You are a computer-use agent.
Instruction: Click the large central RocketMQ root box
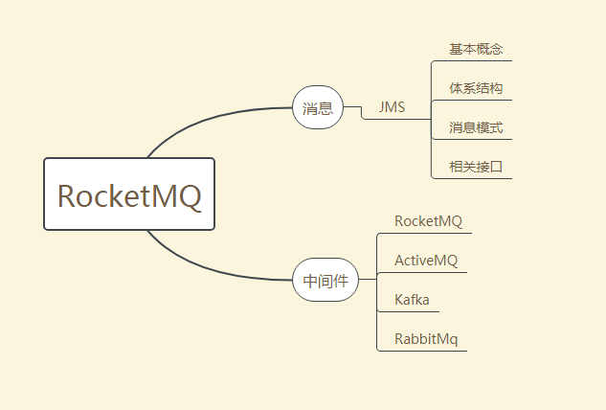click(x=129, y=194)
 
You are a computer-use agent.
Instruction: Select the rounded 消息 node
click(x=317, y=108)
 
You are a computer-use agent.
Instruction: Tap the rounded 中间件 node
click(x=325, y=281)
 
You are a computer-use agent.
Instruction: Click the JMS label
click(x=392, y=107)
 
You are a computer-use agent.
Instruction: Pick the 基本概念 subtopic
click(x=476, y=49)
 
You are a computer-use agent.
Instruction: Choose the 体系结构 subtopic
click(x=476, y=88)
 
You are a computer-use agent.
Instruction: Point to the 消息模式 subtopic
click(x=476, y=127)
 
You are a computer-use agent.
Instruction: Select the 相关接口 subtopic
click(x=476, y=167)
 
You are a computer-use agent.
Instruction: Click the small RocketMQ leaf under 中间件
click(x=428, y=221)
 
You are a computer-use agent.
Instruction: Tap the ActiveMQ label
click(x=426, y=261)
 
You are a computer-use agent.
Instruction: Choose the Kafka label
click(x=412, y=300)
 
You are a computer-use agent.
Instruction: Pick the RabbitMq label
click(x=426, y=339)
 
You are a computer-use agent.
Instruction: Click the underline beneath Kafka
click(x=412, y=311)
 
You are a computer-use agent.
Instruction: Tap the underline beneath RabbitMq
click(x=426, y=351)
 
